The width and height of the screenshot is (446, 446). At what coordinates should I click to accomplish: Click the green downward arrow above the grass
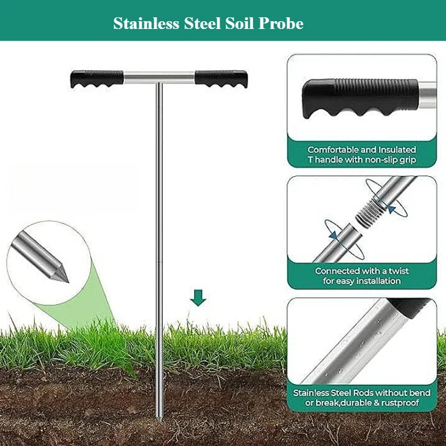(x=198, y=298)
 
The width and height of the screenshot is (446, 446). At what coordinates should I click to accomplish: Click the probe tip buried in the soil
(x=159, y=415)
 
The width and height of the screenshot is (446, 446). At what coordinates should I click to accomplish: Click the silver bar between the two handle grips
(x=159, y=76)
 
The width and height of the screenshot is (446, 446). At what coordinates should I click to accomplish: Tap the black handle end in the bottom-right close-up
(x=410, y=306)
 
